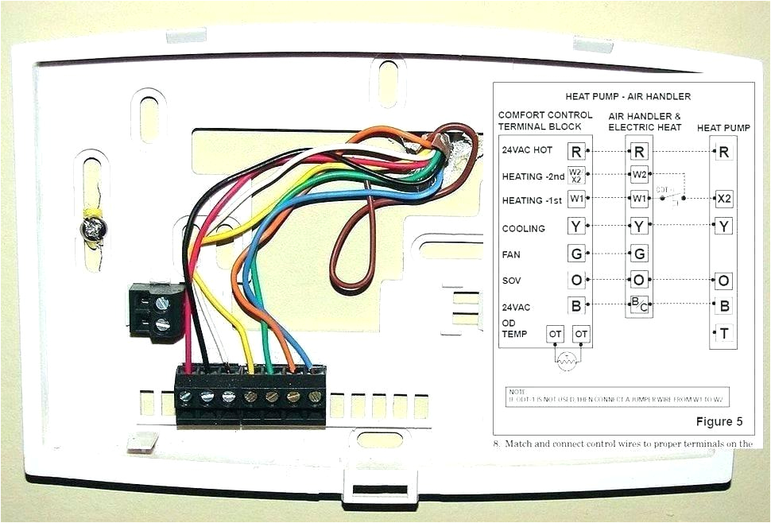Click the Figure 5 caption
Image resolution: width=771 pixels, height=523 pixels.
pyautogui.click(x=719, y=420)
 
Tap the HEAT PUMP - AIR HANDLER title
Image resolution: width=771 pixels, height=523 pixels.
pyautogui.click(x=628, y=96)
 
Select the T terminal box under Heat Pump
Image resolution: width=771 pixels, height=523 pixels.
pyautogui.click(x=723, y=334)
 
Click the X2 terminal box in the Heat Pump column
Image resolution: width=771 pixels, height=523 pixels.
pyautogui.click(x=723, y=198)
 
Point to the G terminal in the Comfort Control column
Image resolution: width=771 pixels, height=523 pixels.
pyautogui.click(x=576, y=254)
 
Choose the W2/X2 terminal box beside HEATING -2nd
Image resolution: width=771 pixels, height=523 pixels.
pyautogui.click(x=576, y=176)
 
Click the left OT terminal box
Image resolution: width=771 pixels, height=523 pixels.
pyautogui.click(x=555, y=335)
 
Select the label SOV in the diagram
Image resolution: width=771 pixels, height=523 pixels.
pyautogui.click(x=512, y=281)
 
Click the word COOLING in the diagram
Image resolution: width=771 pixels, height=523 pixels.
pyautogui.click(x=523, y=229)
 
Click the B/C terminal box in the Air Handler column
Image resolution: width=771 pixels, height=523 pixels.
pyautogui.click(x=639, y=303)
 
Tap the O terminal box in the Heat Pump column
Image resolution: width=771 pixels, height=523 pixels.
pyautogui.click(x=723, y=281)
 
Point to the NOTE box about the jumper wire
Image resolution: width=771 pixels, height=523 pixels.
pyautogui.click(x=618, y=396)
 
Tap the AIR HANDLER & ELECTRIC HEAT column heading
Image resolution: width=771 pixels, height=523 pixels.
pyautogui.click(x=645, y=121)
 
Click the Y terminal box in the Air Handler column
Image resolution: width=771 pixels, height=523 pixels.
pyautogui.click(x=639, y=227)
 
